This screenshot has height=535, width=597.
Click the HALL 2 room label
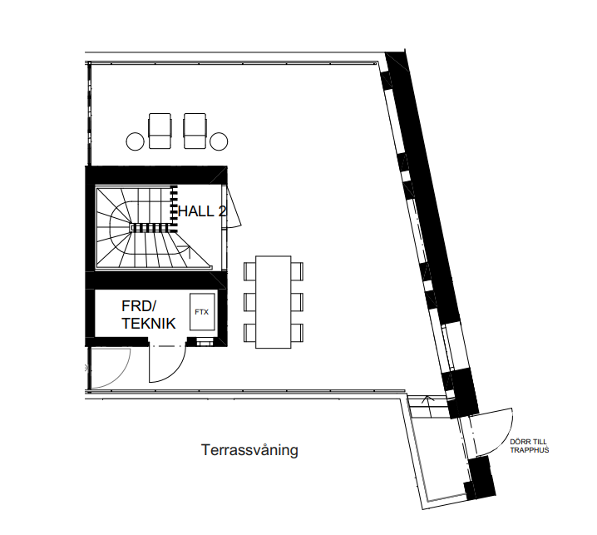pos(202,211)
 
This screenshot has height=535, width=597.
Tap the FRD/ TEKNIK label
pos(149,315)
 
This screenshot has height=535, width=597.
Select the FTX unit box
pos(202,312)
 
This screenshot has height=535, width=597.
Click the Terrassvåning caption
pos(249,450)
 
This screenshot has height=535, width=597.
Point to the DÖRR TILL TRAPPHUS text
pos(530,446)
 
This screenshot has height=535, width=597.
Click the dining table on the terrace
pos(274,302)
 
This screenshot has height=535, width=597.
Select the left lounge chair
pos(160,131)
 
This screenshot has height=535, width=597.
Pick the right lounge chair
pos(195,131)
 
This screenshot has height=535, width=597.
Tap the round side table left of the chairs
pos(136,141)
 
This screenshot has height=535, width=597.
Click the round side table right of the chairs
pos(219,141)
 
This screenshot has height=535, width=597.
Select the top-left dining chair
pos(249,271)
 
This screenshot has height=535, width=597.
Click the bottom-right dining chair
pos(297,333)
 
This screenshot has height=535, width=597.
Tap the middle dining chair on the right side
pos(297,302)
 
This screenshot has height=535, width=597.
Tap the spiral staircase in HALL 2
pos(152,228)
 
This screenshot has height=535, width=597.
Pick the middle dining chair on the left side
pos(249,302)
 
